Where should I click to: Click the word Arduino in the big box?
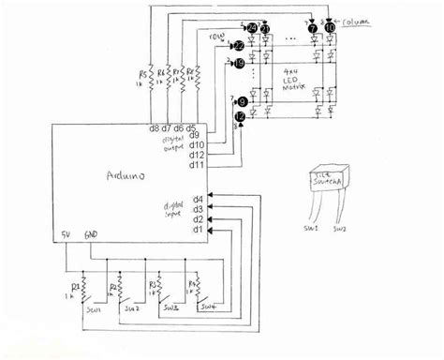[x=121, y=175]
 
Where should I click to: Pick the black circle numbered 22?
[x=240, y=45]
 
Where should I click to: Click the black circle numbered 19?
[x=240, y=63]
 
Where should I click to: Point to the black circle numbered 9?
[x=243, y=101]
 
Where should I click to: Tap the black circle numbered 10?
[x=330, y=29]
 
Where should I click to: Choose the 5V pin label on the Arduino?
[x=66, y=234]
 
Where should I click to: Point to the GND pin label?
[x=92, y=234]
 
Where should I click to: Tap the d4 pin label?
[x=198, y=198]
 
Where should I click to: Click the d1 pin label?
[x=197, y=229]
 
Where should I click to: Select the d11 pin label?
[x=197, y=165]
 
